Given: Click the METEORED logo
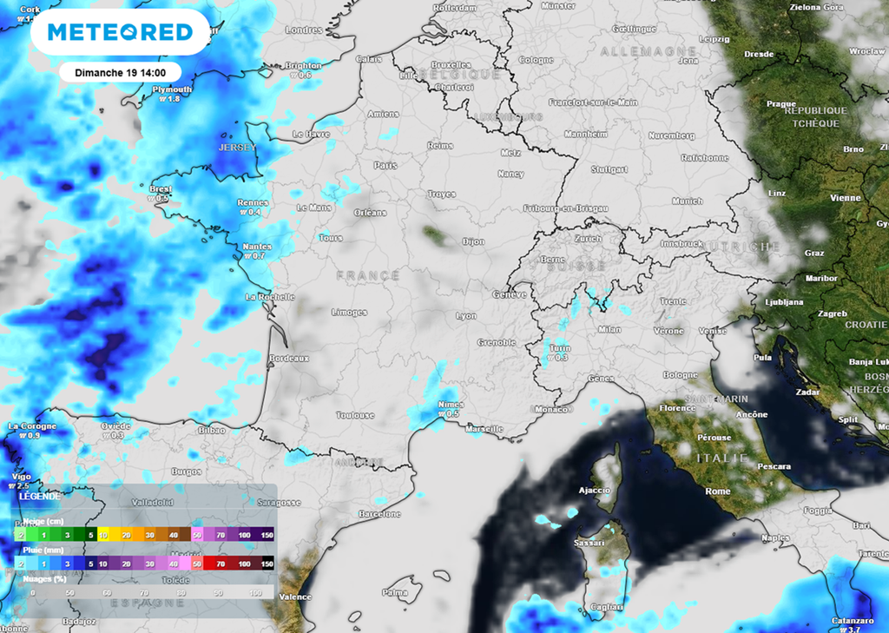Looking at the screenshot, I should tap(120, 33).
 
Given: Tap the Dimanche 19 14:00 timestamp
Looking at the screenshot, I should tap(120, 72).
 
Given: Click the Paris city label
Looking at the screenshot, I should tap(385, 165).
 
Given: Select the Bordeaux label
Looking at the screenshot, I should tap(289, 358).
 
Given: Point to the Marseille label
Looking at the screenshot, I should tap(484, 429).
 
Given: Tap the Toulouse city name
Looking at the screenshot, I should tap(355, 416).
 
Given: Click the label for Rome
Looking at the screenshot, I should tap(718, 491).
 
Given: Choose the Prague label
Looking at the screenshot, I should tap(780, 104).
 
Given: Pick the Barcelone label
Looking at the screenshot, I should tap(379, 514).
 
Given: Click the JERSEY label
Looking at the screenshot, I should tap(236, 148).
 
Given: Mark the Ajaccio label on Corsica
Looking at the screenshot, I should tap(595, 491).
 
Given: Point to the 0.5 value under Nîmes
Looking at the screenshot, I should tap(451, 414).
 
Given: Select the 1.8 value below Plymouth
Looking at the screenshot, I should tap(171, 99).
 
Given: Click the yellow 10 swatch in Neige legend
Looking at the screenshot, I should tap(102, 535).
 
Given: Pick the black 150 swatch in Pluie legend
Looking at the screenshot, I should tap(267, 564).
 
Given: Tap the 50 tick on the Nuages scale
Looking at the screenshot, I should tap(69, 592).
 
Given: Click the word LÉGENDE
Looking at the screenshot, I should tap(41, 496).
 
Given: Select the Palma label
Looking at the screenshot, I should tap(395, 593).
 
